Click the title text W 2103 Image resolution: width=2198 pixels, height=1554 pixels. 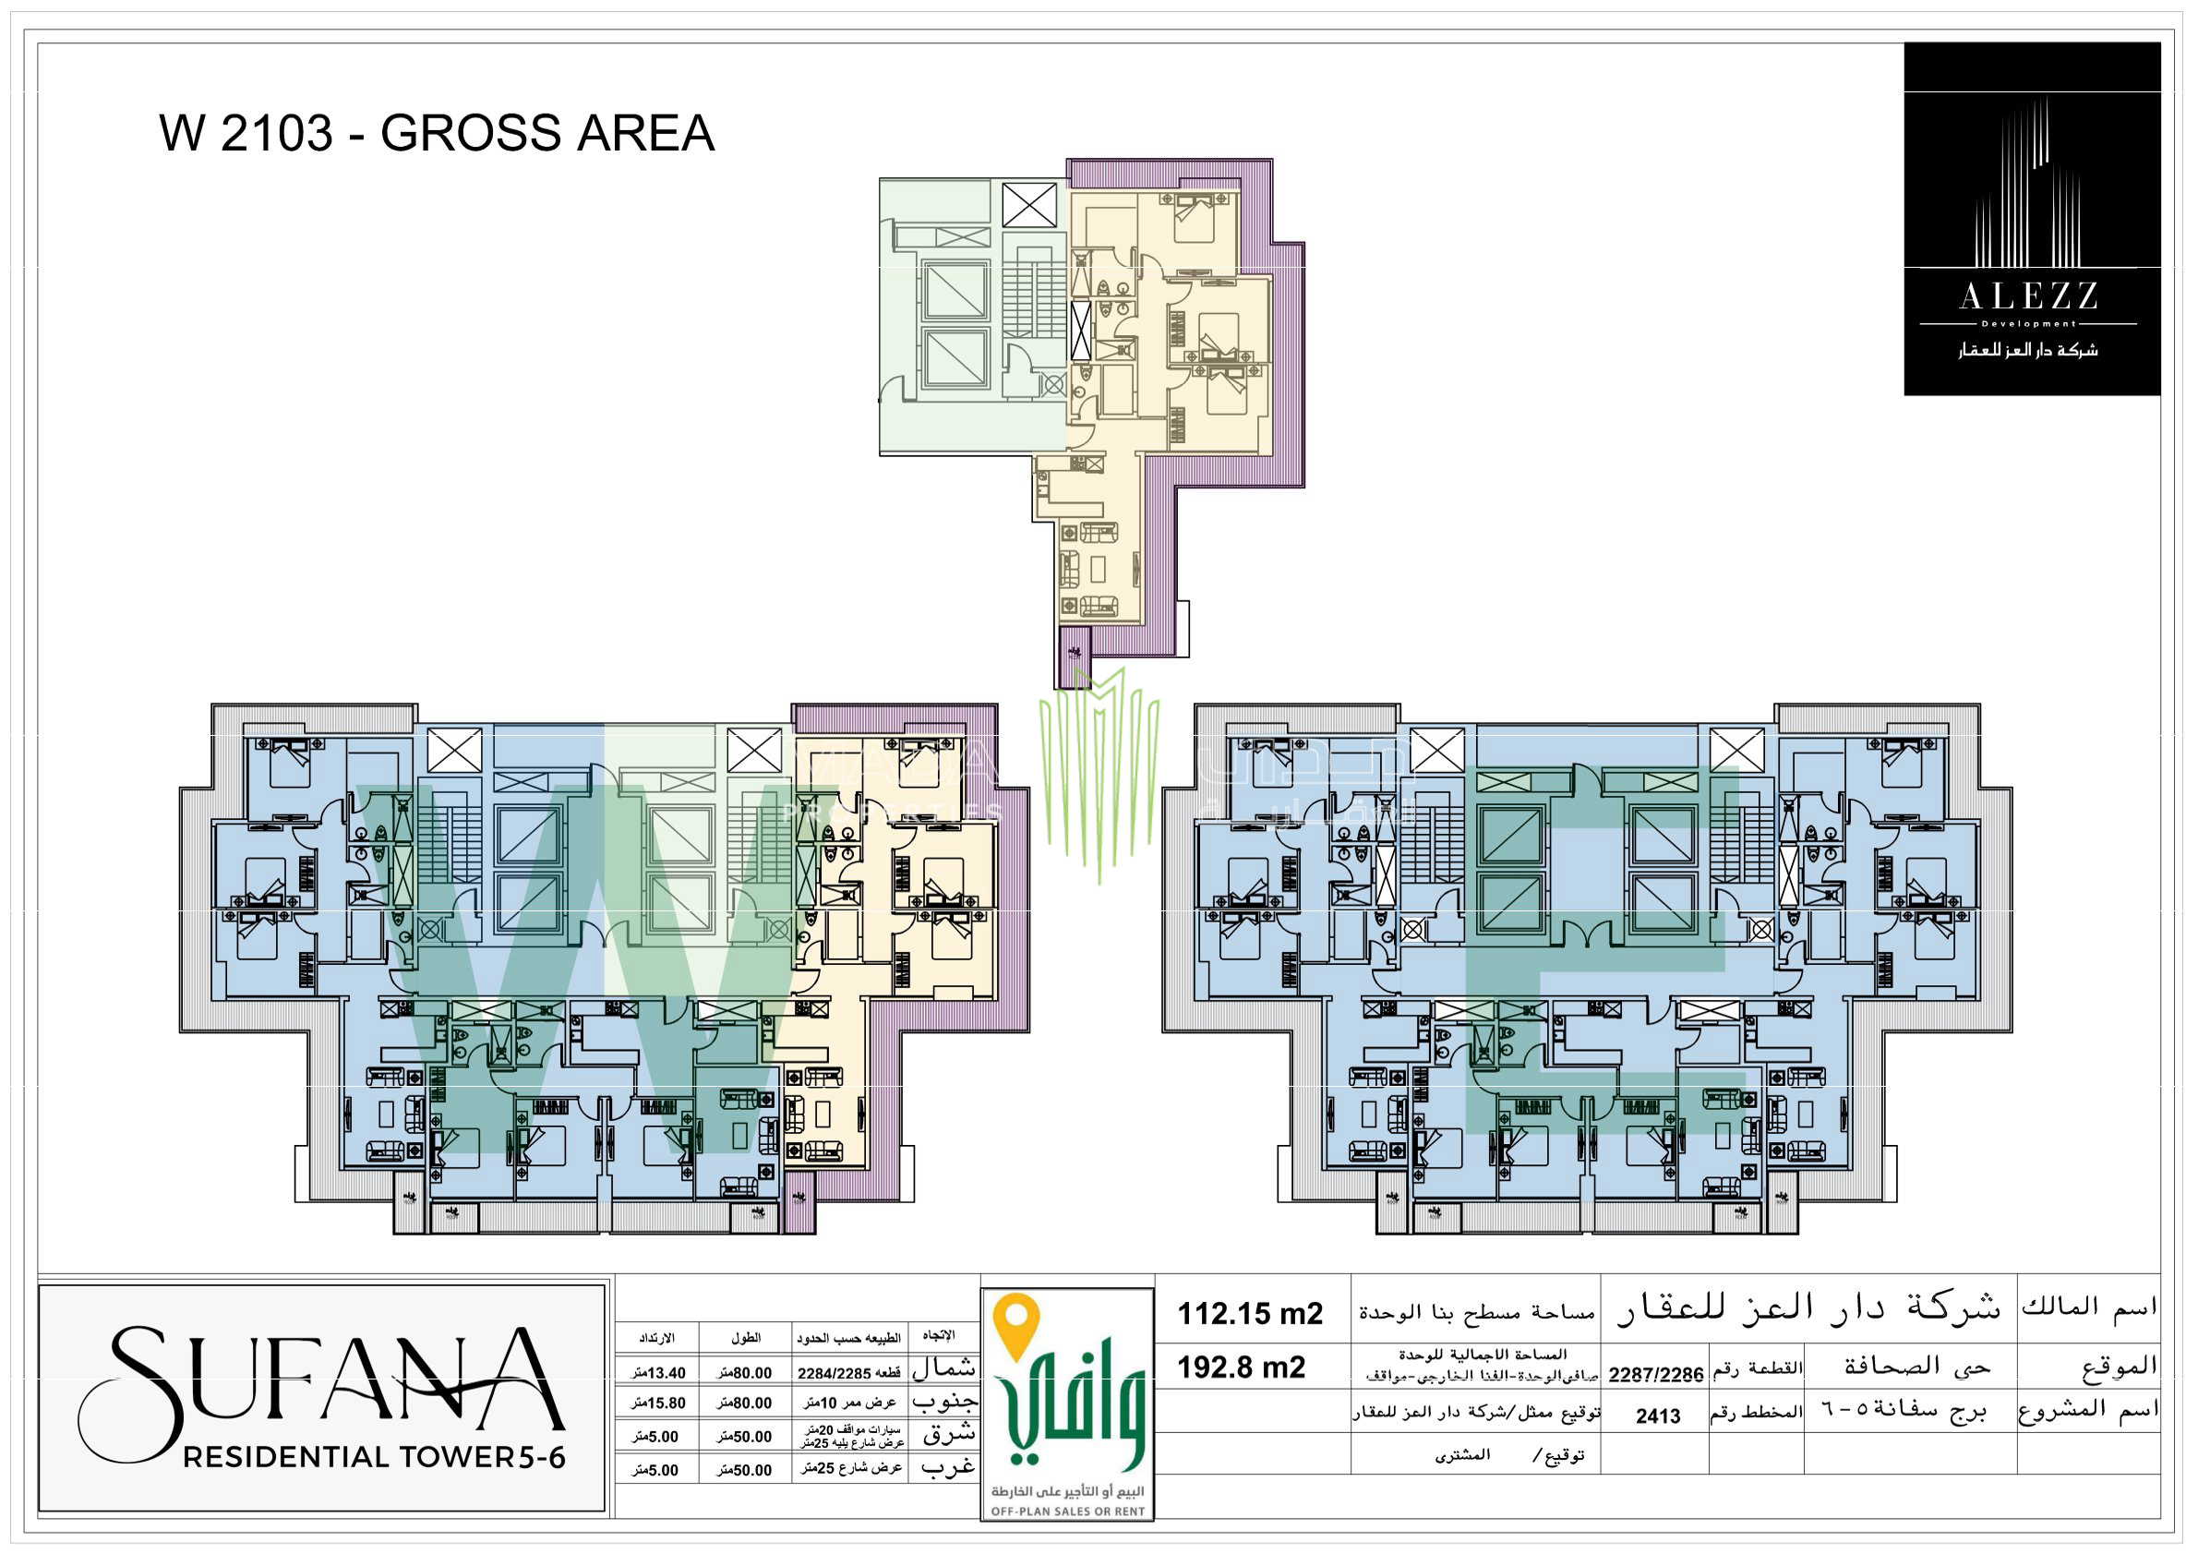246,133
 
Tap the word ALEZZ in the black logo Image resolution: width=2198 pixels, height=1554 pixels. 2028,296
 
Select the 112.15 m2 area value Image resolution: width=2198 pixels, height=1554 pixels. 1249,1314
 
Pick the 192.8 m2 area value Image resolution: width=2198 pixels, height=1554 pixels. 1241,1367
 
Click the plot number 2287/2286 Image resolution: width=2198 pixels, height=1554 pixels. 1655,1375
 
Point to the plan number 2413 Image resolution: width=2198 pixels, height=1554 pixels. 1658,1416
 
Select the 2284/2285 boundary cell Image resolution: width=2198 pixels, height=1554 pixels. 848,1373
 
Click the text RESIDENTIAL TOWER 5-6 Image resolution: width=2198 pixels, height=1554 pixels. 373,1457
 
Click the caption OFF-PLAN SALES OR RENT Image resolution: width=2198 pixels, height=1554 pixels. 1067,1512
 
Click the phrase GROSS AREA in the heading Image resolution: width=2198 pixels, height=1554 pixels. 546,133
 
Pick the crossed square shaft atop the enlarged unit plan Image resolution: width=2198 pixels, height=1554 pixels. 1029,205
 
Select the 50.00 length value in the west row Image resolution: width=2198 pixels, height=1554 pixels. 744,1470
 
